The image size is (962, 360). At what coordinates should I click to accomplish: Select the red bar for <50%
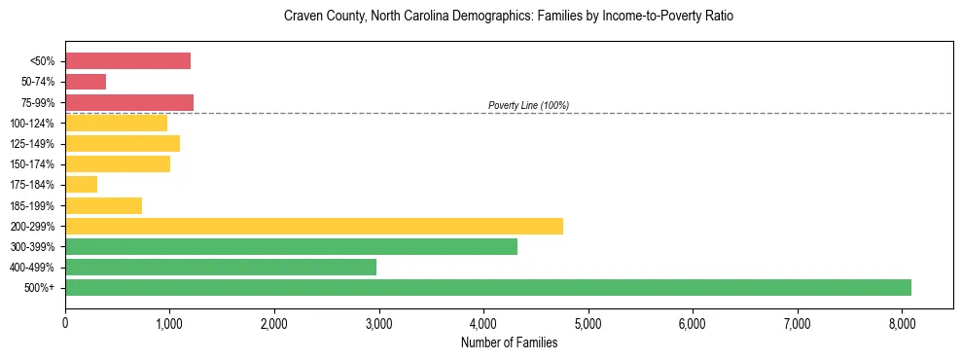127,61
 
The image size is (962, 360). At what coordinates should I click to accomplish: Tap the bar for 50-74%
86,82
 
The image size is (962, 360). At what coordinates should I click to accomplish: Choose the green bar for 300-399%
291,246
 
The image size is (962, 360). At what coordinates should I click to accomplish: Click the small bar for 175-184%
82,184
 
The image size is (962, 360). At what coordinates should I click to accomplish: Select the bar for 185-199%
103,205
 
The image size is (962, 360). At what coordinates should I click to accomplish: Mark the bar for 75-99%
129,102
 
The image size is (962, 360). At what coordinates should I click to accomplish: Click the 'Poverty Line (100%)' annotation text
528,105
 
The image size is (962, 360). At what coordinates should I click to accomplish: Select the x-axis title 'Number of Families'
509,342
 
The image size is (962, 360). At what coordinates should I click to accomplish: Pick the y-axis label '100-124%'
33,124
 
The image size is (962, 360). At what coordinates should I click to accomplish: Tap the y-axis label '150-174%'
33,164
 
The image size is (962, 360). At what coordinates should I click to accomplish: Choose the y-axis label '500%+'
39,288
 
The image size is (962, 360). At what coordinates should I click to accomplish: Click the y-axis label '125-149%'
33,144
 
